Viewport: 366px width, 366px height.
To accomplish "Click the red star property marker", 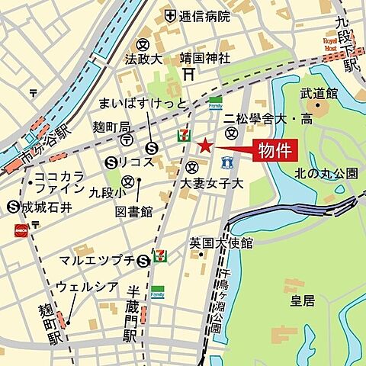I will click(204, 146).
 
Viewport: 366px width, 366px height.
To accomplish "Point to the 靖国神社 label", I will click(205, 57).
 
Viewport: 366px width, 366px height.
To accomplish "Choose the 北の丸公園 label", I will click(326, 174).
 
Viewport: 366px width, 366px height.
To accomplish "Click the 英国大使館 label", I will click(221, 242).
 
